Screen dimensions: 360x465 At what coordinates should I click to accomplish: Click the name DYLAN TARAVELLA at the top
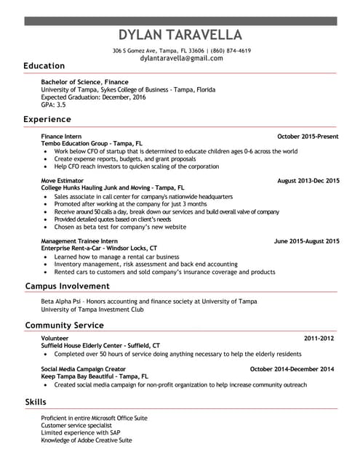[x=180, y=35]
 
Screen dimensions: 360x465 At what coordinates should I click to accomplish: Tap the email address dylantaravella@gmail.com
[x=181, y=58]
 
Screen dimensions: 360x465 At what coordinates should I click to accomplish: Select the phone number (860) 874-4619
[x=231, y=51]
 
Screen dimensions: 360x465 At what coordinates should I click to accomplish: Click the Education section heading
[x=44, y=66]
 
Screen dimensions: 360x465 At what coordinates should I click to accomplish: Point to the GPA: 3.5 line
[x=53, y=104]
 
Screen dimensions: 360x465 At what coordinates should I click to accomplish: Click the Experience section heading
[x=47, y=119]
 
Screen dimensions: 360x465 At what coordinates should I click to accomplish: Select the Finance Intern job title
[x=61, y=137]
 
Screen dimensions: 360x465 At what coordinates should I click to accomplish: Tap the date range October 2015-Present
[x=308, y=137]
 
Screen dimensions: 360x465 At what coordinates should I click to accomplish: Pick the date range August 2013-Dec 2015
[x=308, y=179]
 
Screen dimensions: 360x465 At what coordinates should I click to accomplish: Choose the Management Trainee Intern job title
[x=79, y=240]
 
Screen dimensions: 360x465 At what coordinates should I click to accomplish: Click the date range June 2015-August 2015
[x=306, y=240]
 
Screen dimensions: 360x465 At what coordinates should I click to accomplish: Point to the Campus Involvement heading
[x=67, y=286]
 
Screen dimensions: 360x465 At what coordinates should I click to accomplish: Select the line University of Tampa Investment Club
[x=92, y=309]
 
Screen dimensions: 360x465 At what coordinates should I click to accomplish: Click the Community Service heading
[x=64, y=325]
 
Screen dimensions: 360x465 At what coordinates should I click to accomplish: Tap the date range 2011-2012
[x=319, y=339]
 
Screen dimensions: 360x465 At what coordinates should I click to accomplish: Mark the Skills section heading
[x=35, y=402]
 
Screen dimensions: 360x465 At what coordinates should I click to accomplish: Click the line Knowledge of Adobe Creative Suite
[x=86, y=440]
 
